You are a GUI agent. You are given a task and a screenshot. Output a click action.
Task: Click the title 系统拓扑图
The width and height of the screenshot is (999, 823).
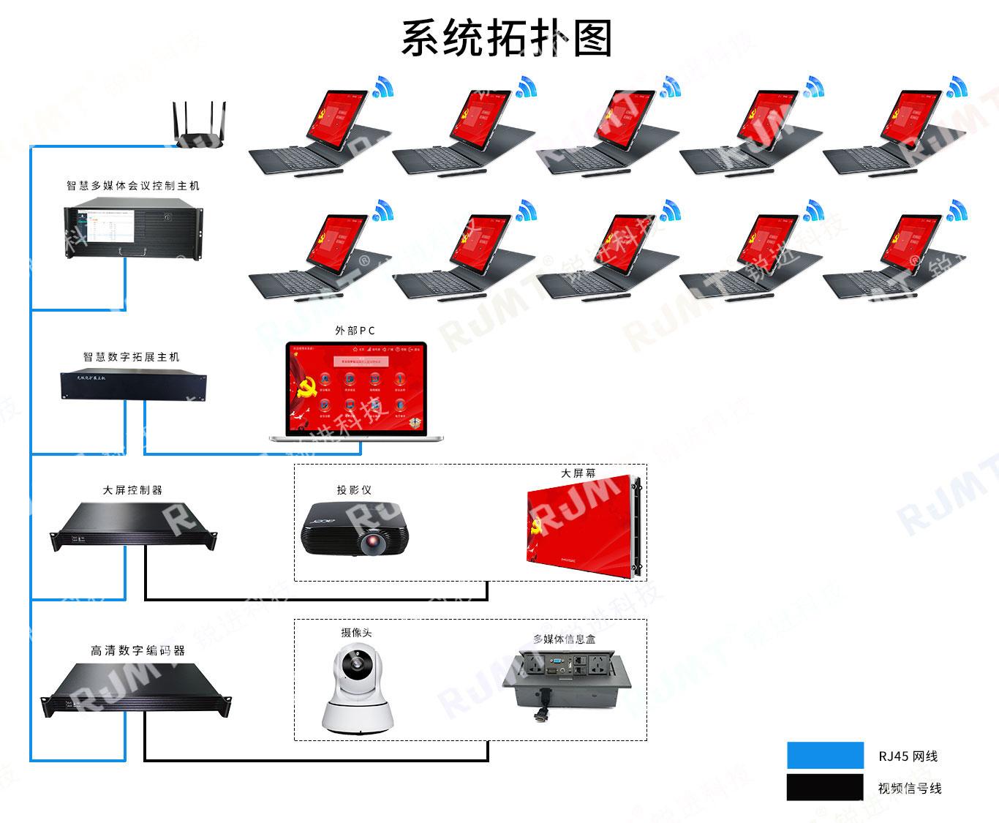[x=506, y=38]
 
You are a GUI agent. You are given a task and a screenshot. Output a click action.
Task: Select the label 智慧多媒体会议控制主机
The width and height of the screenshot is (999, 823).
[x=133, y=186]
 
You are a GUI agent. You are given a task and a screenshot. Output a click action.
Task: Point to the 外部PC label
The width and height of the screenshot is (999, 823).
[x=355, y=331]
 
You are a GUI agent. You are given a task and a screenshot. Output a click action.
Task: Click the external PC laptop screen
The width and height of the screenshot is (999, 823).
[x=356, y=387]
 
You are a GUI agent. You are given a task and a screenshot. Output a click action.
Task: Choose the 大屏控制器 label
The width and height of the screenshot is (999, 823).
[x=132, y=490]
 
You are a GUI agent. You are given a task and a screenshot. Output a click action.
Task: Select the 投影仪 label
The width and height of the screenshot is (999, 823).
[x=354, y=490]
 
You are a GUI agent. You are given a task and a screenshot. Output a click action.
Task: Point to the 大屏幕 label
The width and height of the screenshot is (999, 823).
[x=578, y=473]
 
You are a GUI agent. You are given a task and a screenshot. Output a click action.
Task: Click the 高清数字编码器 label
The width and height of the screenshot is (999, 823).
[x=137, y=650]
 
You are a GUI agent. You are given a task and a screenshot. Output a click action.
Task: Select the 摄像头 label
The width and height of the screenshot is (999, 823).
[x=356, y=633]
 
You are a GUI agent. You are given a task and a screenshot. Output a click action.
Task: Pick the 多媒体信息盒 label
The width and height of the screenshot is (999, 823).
[x=564, y=639]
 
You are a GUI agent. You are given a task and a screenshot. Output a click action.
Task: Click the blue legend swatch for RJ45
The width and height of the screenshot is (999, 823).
[x=825, y=756]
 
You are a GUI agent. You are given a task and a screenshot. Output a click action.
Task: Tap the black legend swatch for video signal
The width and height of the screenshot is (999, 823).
[x=825, y=788]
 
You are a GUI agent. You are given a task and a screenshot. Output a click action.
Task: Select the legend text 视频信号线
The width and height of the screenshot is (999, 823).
[x=910, y=789]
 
